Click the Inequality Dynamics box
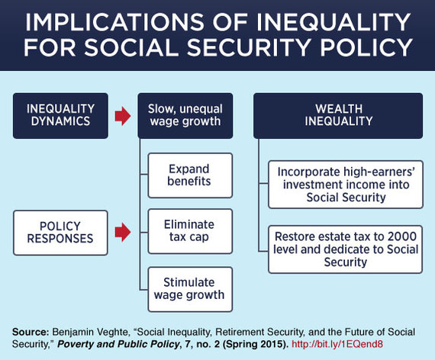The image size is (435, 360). click(x=60, y=116)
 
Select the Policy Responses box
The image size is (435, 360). click(x=60, y=233)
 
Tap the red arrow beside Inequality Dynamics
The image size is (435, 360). click(x=123, y=115)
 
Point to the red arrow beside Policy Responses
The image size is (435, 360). click(x=123, y=232)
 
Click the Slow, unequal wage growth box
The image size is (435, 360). click(x=185, y=116)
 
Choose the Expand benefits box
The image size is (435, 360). click(x=190, y=175)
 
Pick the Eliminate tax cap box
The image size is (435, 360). click(x=190, y=231)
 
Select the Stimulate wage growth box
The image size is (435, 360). click(x=190, y=289)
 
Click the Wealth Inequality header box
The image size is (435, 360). click(x=338, y=116)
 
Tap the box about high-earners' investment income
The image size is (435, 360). click(x=346, y=185)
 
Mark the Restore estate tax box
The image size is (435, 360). click(x=346, y=249)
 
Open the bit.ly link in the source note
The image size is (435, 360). click(x=337, y=344)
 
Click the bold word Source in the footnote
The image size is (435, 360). click(x=31, y=332)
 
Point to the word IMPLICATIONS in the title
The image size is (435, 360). click(x=114, y=22)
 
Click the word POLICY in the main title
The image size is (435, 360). click(x=366, y=47)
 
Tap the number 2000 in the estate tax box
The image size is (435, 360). click(x=401, y=236)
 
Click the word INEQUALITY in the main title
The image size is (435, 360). click(x=333, y=22)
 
